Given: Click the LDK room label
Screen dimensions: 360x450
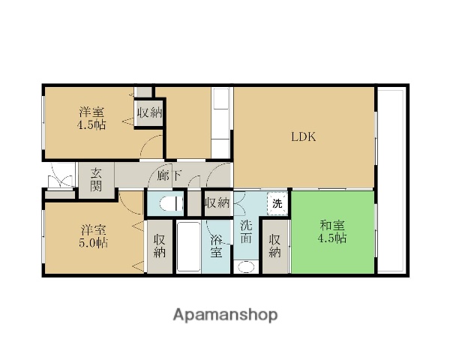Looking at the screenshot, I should pyautogui.click(x=304, y=137).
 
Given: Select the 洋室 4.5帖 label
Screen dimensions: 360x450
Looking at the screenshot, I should pyautogui.click(x=92, y=119).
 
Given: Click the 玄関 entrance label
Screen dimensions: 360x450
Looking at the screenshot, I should pyautogui.click(x=97, y=181).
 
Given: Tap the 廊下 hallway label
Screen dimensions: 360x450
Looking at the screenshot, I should pyautogui.click(x=170, y=177).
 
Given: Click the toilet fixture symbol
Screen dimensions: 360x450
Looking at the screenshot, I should pyautogui.click(x=170, y=203).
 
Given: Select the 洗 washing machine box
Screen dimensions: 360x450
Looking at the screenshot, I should pyautogui.click(x=277, y=203).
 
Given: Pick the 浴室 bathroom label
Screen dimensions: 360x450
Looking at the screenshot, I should pyautogui.click(x=216, y=246).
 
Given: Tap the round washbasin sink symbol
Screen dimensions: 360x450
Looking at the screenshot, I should pyautogui.click(x=246, y=265).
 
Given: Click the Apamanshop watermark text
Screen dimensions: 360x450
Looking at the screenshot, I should pyautogui.click(x=225, y=314).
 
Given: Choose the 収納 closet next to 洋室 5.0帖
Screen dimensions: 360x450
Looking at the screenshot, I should pyautogui.click(x=159, y=246).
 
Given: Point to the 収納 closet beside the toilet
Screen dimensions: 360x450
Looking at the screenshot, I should pyautogui.click(x=217, y=202).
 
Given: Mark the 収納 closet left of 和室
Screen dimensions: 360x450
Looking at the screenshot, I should pyautogui.click(x=275, y=246).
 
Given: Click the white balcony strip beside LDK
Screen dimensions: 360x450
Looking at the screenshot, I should pyautogui.click(x=391, y=180).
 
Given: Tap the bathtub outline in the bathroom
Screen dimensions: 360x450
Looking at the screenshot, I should pyautogui.click(x=188, y=247).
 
